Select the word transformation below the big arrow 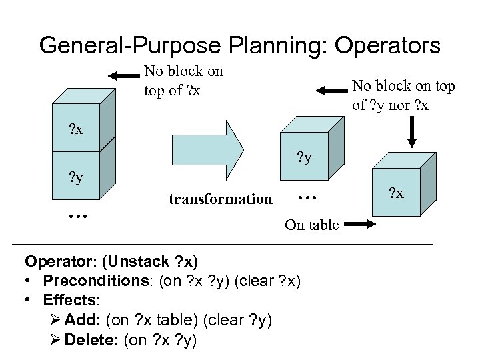pyautogui.click(x=221, y=199)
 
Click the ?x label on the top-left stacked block pyautogui.click(x=77, y=128)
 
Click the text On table pyautogui.click(x=311, y=225)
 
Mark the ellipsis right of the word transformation pyautogui.click(x=305, y=195)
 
